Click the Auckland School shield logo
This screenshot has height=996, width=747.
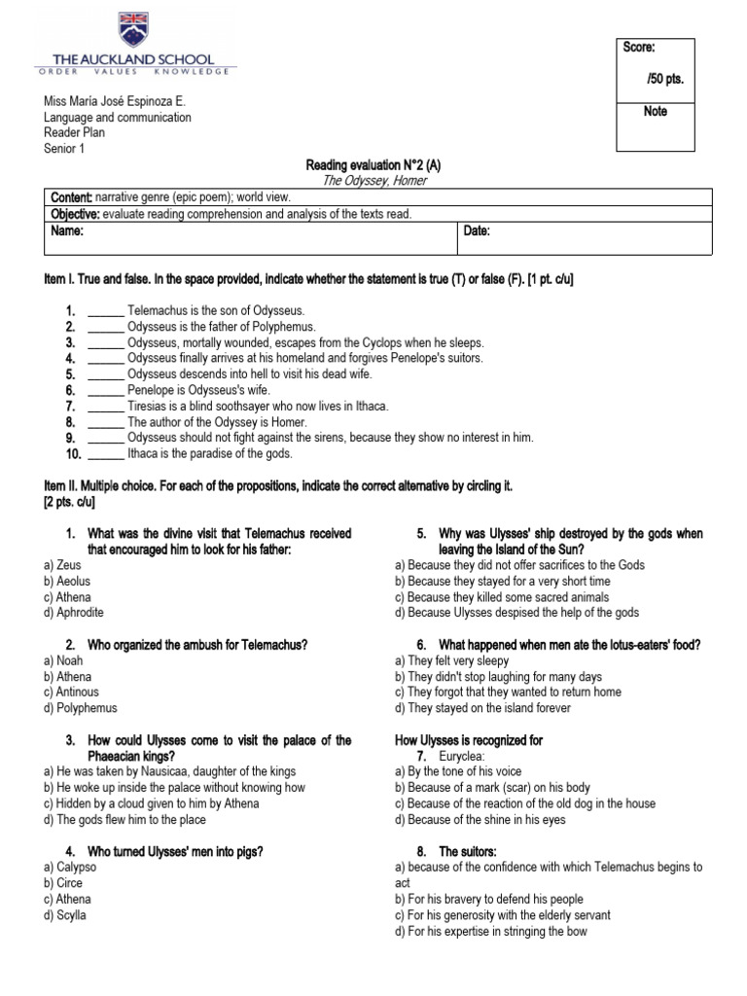click(x=135, y=30)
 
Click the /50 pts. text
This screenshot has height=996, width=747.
click(x=665, y=79)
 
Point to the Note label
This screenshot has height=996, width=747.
click(x=655, y=112)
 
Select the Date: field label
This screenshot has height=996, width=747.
click(x=477, y=232)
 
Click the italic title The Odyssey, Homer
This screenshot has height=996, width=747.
click(x=373, y=181)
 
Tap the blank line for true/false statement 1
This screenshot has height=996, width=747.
click(x=106, y=312)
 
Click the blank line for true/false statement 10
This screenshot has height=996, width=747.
click(x=106, y=453)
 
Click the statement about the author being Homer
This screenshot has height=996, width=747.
click(x=217, y=422)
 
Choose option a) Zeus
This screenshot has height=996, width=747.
click(x=61, y=565)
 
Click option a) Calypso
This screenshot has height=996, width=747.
click(x=69, y=868)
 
